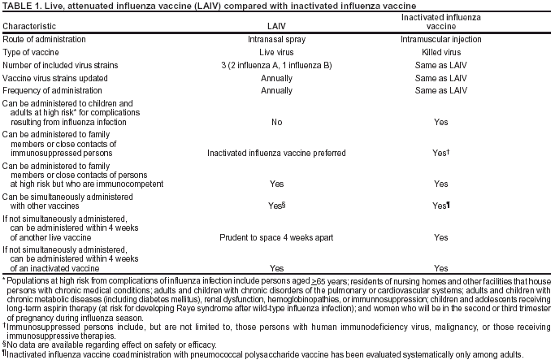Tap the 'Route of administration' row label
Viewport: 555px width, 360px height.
pos(46,39)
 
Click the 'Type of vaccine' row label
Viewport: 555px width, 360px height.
pos(35,51)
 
